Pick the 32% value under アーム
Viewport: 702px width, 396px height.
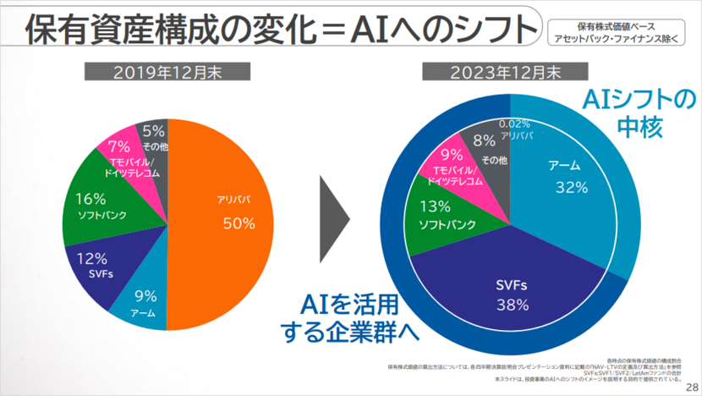click(571, 188)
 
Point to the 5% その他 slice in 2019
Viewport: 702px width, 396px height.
click(153, 136)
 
